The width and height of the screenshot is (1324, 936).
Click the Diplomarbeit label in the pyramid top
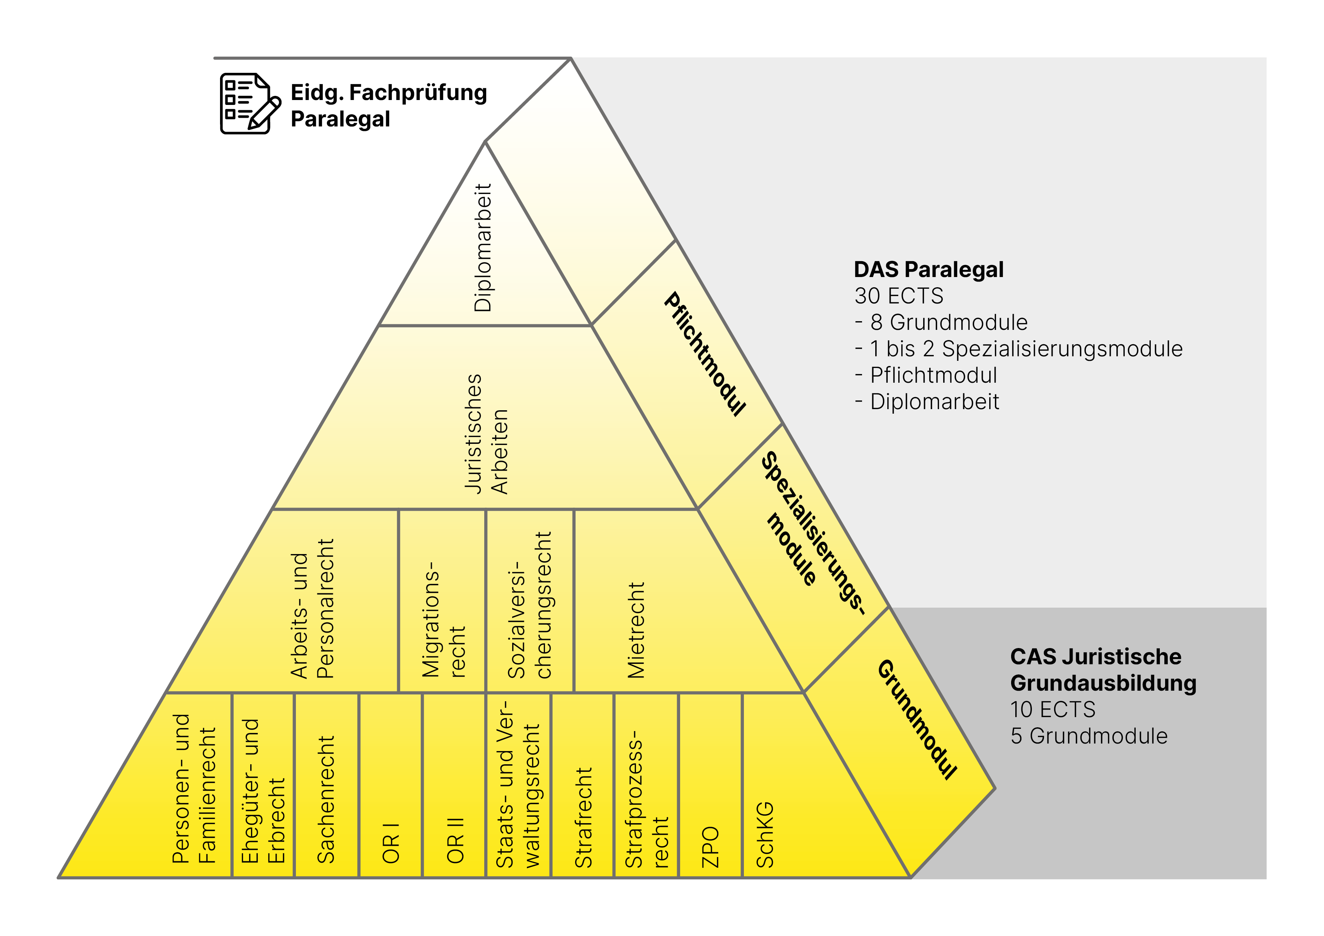483,248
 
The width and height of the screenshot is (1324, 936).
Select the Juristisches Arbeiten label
486,434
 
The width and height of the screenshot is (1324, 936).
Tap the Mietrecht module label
636,630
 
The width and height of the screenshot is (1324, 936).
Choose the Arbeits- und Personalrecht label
312,608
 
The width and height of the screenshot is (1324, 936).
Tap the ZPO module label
710,847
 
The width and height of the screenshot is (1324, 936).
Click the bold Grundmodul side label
917,720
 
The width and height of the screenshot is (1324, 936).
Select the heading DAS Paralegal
928,269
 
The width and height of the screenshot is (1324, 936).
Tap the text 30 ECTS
898,296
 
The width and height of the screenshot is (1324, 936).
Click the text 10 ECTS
1052,709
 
